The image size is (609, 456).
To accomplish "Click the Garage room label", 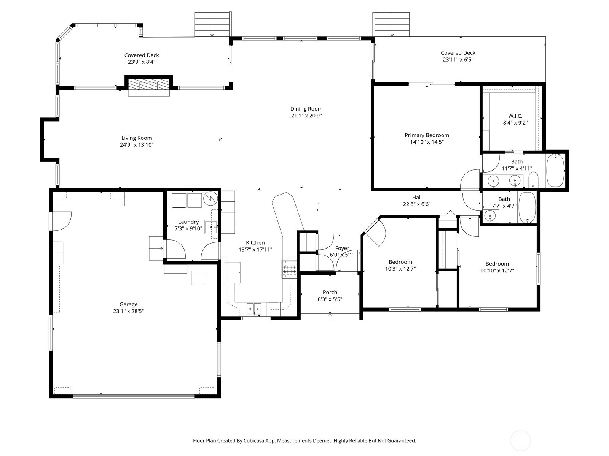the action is tap(128, 304).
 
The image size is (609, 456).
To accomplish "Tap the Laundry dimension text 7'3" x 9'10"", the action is tap(188, 229).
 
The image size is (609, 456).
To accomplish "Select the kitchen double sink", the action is tap(254, 309).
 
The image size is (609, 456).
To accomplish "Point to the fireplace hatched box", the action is tap(149, 84).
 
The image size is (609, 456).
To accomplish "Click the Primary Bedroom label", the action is tap(427, 135).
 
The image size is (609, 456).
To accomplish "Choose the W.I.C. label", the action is tap(515, 116).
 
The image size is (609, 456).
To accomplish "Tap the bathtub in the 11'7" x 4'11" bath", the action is tap(555, 170).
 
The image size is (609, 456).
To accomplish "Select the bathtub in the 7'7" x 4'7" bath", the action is tap(527, 207).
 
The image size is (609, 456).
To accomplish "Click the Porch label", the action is tap(330, 292).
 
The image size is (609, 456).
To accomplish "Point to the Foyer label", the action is tap(342, 248).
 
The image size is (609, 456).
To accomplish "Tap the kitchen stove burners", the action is tap(289, 269).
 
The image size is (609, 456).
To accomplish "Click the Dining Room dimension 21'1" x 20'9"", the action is tap(306, 116).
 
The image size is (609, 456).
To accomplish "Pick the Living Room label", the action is tap(137, 138).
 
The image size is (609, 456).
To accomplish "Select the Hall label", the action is tap(417, 197).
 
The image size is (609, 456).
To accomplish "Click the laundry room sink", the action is tap(212, 227).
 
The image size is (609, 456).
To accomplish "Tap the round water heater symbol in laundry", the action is tap(210, 198).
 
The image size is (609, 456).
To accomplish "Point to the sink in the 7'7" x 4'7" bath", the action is tap(490, 216).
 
